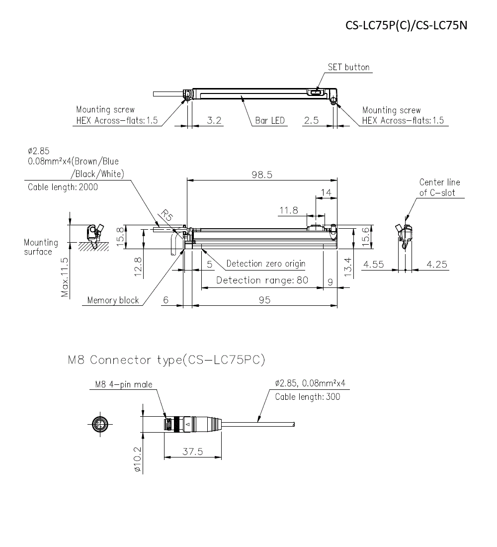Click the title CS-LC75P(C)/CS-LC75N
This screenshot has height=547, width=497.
406,25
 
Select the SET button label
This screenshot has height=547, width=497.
348,67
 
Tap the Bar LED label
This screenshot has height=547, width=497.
270,120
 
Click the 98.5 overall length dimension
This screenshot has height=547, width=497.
262,175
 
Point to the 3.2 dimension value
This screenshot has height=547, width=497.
214,120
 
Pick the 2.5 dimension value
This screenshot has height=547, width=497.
311,120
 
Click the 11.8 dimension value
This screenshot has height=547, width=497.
288,210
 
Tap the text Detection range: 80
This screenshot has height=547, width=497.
262,280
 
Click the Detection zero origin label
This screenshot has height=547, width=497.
265,264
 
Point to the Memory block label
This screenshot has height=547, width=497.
113,300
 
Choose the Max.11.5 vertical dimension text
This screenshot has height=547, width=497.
65,277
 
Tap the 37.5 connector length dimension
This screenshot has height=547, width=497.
193,451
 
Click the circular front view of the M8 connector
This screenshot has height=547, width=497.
99,424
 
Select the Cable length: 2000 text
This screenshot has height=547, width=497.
63,187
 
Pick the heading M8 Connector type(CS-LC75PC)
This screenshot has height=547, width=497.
166,360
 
